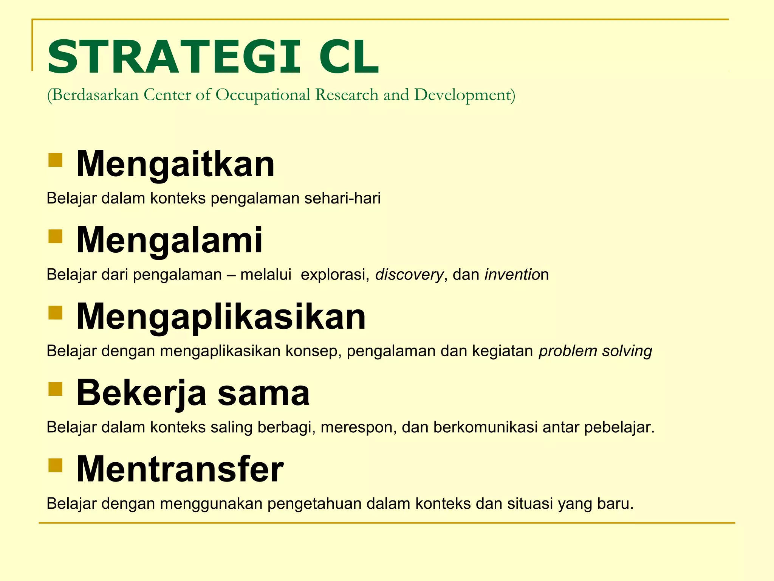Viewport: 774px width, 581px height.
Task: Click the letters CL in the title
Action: tap(348, 57)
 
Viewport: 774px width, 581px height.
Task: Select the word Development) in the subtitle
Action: tap(464, 95)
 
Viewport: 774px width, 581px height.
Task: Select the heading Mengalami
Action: tap(169, 240)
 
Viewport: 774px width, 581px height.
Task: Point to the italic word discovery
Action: tap(409, 275)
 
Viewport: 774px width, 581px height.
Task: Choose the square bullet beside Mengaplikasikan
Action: tap(55, 312)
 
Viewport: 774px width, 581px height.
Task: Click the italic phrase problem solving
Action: tap(595, 351)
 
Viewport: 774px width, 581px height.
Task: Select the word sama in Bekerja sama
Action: tap(263, 393)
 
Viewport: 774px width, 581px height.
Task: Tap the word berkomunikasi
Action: tap(485, 427)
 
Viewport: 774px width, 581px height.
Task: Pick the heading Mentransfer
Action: tap(180, 469)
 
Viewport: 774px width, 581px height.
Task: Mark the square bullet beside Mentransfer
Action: tap(55, 465)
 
